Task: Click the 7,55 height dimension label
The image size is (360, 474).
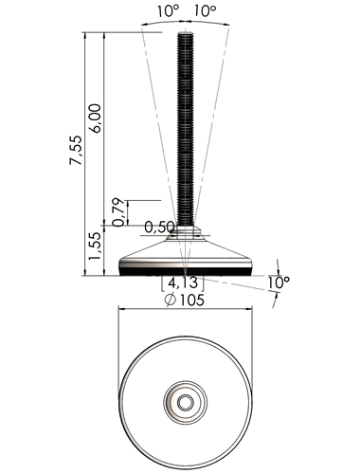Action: [x=76, y=150]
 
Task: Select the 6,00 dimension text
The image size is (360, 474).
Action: [x=97, y=118]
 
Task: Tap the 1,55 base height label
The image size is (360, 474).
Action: [x=96, y=246]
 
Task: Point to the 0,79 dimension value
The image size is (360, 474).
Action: [x=118, y=211]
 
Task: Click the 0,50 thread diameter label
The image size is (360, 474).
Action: [x=159, y=227]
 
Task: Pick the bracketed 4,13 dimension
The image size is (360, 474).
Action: [x=183, y=283]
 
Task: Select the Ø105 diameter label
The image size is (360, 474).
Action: [x=185, y=300]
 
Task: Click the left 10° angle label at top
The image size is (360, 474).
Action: [x=169, y=11]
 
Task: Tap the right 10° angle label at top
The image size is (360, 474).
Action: [x=205, y=11]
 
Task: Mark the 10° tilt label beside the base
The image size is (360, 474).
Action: [x=279, y=283]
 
